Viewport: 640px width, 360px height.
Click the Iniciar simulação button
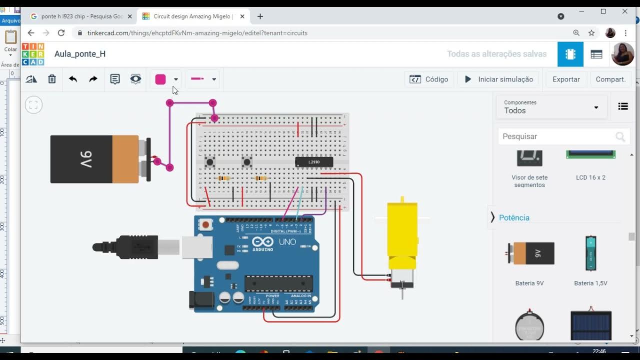click(x=498, y=79)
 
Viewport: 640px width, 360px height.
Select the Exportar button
click(x=566, y=79)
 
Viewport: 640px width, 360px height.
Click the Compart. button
click(x=610, y=79)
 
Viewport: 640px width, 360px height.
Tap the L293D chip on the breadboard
click(x=314, y=162)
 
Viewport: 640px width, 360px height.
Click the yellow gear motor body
click(x=402, y=230)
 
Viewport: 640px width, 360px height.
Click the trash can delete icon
click(x=52, y=79)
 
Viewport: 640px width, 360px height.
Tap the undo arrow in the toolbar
click(x=73, y=79)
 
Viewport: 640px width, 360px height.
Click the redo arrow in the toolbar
click(x=93, y=79)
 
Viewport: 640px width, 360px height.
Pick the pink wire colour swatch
click(x=160, y=79)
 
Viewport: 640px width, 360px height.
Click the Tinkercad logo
click(x=33, y=54)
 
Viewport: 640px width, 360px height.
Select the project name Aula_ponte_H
click(x=80, y=54)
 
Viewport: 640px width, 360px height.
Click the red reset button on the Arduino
click(x=205, y=224)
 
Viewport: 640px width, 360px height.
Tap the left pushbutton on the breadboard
click(x=210, y=161)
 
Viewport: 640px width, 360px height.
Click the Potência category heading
click(x=514, y=217)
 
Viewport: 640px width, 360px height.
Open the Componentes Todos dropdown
click(x=551, y=107)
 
